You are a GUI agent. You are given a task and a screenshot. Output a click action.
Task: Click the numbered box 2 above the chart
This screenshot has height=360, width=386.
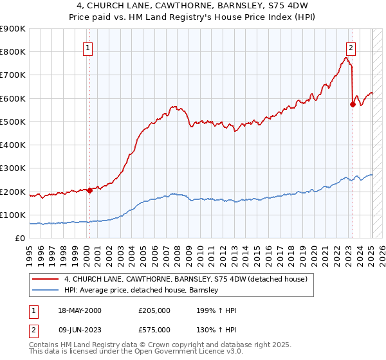(351, 47)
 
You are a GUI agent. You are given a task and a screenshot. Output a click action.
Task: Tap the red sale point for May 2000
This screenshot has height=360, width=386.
(89, 190)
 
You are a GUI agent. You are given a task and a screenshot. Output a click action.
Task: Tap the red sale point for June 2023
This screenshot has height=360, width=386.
(353, 104)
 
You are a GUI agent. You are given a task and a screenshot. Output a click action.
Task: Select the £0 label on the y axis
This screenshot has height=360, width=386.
(19, 239)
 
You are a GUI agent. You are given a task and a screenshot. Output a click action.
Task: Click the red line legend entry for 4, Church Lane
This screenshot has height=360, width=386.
(186, 279)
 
